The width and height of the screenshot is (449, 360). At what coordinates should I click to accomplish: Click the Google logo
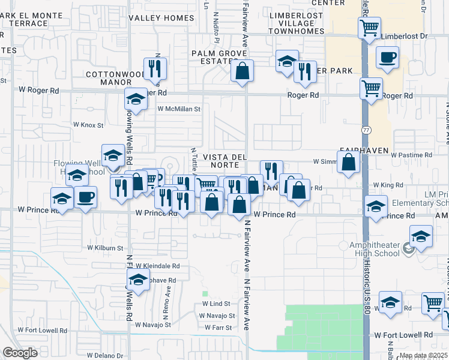20,353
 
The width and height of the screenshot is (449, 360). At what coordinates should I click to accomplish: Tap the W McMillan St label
179,109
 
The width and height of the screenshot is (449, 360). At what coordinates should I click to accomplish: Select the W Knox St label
88,125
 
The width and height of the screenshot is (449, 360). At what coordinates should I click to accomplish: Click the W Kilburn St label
105,247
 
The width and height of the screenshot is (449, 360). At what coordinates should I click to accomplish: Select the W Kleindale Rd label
157,265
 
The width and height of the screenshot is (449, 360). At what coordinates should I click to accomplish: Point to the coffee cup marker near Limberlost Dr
387,58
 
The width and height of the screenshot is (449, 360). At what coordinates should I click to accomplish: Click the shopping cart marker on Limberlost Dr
369,28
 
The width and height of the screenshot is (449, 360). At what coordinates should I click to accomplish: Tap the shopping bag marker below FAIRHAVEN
348,162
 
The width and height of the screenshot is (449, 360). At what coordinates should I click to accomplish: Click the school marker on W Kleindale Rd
138,280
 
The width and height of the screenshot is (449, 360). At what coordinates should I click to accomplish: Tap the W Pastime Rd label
411,155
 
